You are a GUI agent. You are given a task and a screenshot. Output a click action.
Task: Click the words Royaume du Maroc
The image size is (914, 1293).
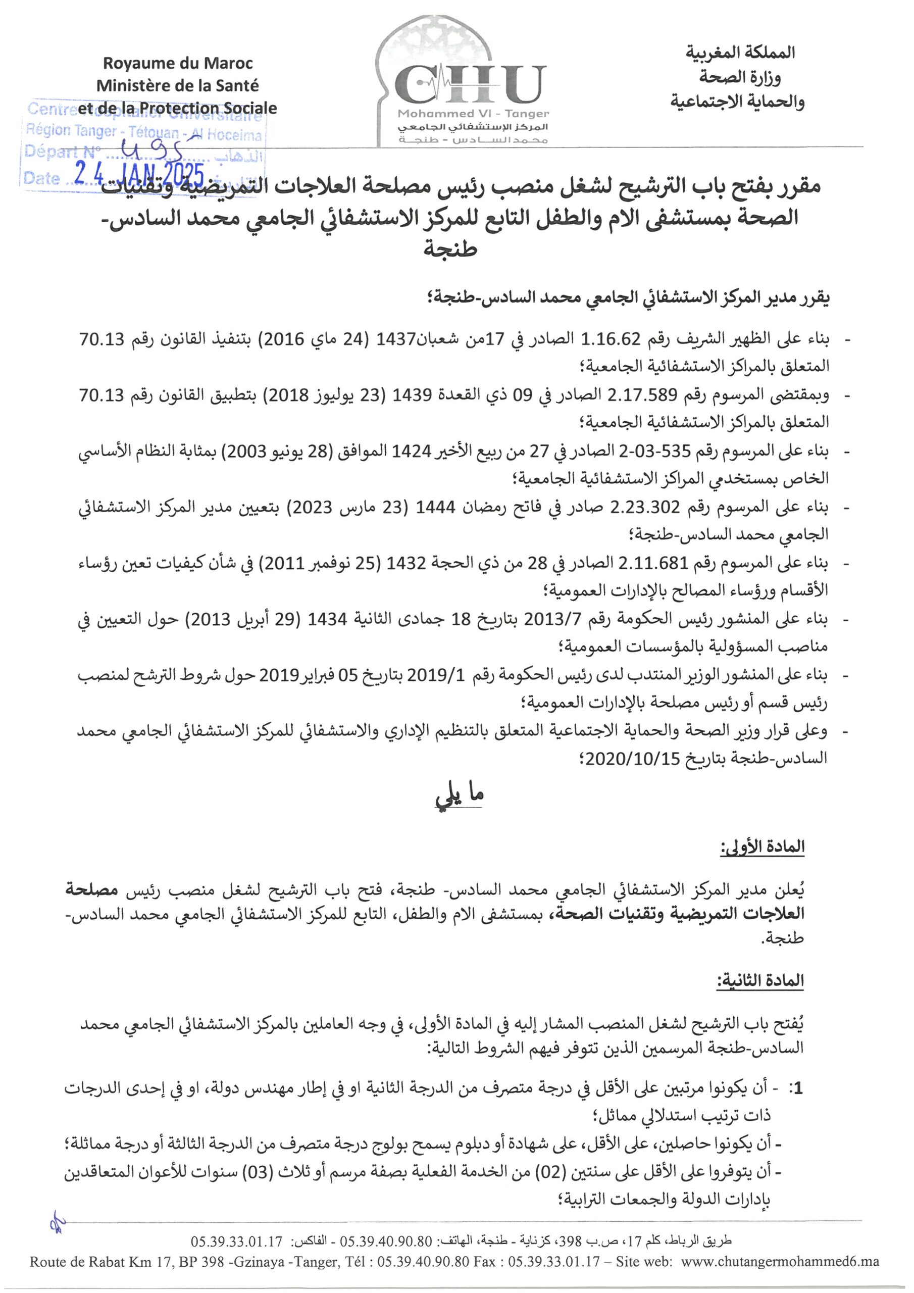click(177, 63)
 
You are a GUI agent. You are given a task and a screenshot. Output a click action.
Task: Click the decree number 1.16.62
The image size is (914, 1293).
click(605, 339)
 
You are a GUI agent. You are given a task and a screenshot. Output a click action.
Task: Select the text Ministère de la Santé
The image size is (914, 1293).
click(177, 85)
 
